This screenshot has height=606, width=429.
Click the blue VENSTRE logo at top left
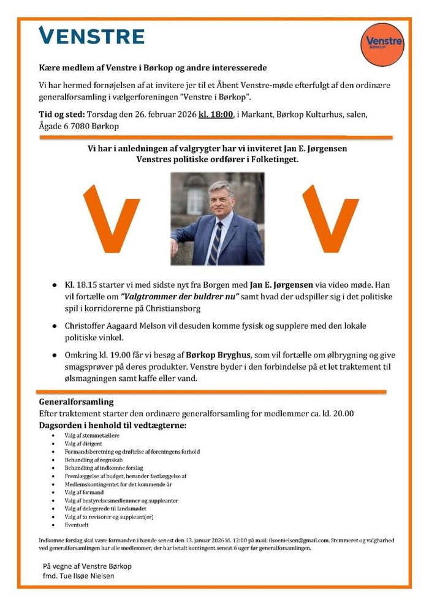(91, 36)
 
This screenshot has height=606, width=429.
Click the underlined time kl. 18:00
(216, 114)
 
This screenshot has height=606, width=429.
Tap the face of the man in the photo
(220, 198)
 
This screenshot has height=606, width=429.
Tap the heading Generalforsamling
(77, 402)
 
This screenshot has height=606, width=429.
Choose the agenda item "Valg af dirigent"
(83, 444)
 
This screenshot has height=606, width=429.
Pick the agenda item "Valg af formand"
(84, 492)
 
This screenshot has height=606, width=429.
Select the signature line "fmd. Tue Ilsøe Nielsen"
(78, 576)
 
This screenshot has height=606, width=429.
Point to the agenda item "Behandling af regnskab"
(93, 460)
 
